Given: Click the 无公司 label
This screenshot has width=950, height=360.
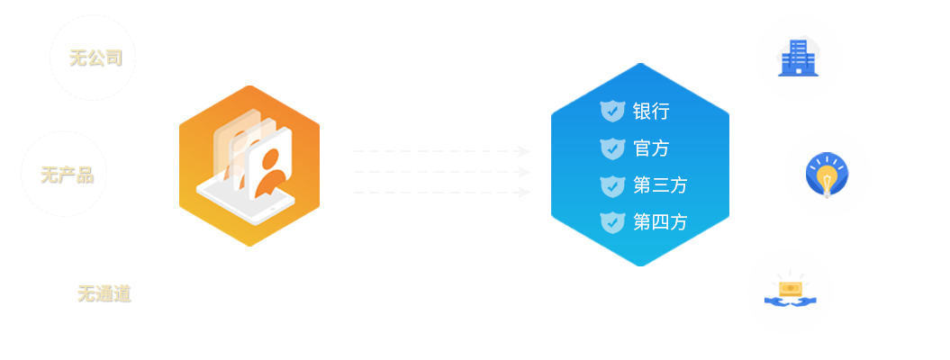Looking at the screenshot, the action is [x=95, y=58].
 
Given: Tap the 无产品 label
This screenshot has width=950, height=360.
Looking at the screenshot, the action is [x=68, y=175].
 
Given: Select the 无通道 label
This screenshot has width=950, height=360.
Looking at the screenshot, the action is [x=104, y=294].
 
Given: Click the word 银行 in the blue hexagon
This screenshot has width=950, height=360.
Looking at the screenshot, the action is [x=651, y=112].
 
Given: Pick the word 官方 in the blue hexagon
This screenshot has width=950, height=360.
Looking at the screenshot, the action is [x=651, y=148].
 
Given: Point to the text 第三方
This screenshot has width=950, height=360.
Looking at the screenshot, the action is [x=660, y=185].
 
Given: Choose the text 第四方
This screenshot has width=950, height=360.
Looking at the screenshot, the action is [x=660, y=222].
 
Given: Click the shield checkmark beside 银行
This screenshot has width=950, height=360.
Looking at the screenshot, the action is [x=612, y=112].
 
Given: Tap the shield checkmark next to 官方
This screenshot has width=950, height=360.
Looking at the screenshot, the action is [x=612, y=148].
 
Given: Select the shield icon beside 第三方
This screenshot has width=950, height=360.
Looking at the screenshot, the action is [x=612, y=185].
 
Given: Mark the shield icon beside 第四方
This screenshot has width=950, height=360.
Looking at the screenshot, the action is [x=612, y=222].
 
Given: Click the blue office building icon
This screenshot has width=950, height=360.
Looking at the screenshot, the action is [x=799, y=58].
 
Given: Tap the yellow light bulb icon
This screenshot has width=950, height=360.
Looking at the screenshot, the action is [x=827, y=175].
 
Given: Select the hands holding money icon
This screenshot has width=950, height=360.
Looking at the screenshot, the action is [x=791, y=292].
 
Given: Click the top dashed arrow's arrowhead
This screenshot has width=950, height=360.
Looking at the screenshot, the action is [x=525, y=151].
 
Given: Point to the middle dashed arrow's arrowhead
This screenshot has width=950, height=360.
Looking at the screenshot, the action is [x=525, y=173].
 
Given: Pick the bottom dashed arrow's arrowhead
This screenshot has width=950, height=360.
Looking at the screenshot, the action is [x=525, y=193].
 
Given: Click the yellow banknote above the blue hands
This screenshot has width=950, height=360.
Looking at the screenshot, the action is [x=791, y=289].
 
